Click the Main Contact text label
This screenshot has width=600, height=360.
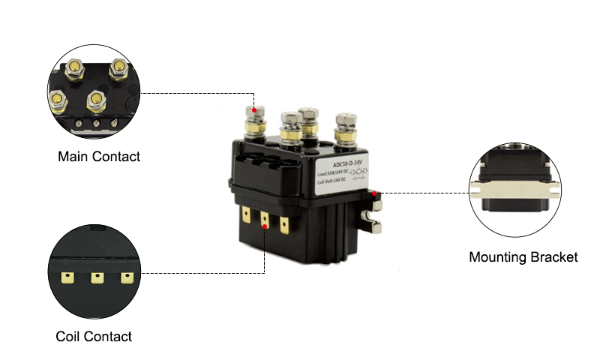[x=99, y=157]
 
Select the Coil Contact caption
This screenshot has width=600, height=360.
[x=94, y=337]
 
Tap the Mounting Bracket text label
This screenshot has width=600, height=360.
[x=523, y=257]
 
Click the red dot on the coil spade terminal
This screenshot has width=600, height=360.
[x=265, y=223]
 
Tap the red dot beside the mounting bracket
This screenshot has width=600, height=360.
[x=373, y=193]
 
